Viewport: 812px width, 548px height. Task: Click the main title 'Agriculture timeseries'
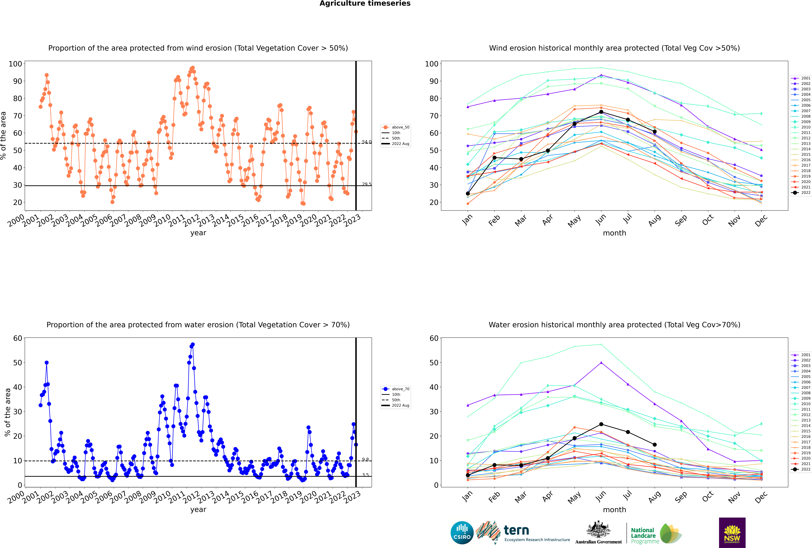coord(365,3)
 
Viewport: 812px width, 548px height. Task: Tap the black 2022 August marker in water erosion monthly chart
coord(655,445)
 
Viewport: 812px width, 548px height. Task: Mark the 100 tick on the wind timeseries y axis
coord(15,64)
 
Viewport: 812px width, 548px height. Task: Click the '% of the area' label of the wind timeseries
coord(3,136)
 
